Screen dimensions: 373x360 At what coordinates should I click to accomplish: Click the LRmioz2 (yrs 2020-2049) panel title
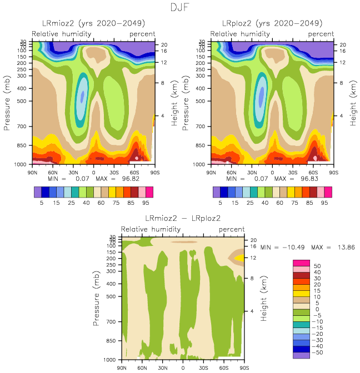pos(93,23)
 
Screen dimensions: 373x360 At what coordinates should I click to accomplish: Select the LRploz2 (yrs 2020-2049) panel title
pos(272,23)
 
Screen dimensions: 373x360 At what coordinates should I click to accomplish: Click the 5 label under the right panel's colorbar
pos(220,203)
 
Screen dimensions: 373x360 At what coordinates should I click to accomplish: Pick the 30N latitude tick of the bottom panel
pos(163,367)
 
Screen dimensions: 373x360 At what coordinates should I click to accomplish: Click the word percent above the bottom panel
pos(232,229)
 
